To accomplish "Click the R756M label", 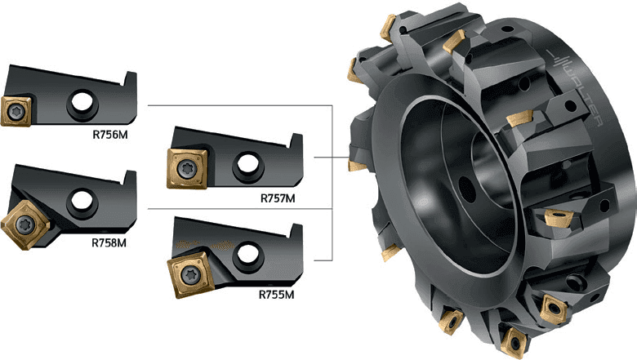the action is pyautogui.click(x=110, y=135).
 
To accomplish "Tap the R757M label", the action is pyautogui.click(x=278, y=198).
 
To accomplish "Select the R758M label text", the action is pyautogui.click(x=109, y=242).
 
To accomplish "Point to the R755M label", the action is pyautogui.click(x=276, y=294).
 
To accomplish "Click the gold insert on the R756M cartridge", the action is pyautogui.click(x=16, y=111).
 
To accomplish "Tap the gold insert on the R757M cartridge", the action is pyautogui.click(x=187, y=168).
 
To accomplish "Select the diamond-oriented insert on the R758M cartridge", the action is pyautogui.click(x=25, y=224).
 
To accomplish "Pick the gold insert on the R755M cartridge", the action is pyautogui.click(x=191, y=275).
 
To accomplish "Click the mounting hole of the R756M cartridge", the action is pyautogui.click(x=82, y=101).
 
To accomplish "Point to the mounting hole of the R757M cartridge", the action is pyautogui.click(x=247, y=163).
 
